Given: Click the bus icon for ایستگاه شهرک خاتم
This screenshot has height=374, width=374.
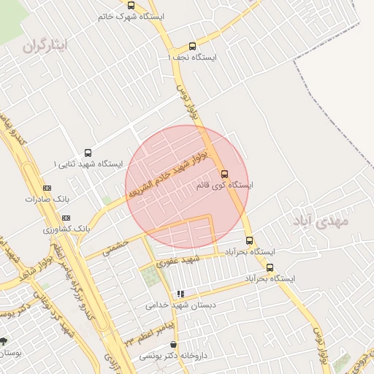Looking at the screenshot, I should [x=131, y=5].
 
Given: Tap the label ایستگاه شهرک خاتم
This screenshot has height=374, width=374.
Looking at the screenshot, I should [x=131, y=16].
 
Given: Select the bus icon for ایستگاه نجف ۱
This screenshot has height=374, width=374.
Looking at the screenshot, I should [x=192, y=46].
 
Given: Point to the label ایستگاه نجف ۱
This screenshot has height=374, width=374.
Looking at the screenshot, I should [x=192, y=57].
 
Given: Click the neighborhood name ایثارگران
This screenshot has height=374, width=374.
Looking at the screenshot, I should [x=45, y=46].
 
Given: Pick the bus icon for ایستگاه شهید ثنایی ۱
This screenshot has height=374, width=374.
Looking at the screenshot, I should [x=88, y=153].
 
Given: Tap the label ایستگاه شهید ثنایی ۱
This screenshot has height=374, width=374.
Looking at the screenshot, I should [x=88, y=164].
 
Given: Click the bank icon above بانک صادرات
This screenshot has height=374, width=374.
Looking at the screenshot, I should [x=47, y=188].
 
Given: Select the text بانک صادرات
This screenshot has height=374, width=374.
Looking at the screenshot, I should [x=46, y=199].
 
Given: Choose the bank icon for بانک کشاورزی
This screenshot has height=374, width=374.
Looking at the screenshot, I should [x=66, y=218].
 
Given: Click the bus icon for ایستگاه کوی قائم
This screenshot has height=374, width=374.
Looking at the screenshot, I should [x=224, y=174].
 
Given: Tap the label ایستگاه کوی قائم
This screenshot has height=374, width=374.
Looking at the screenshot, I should [x=224, y=186].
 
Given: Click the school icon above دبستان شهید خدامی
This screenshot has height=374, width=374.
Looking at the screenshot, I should [x=180, y=294].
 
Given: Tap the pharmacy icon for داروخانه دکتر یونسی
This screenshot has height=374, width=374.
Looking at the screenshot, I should [x=173, y=345].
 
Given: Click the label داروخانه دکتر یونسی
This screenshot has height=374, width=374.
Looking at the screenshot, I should [x=173, y=356].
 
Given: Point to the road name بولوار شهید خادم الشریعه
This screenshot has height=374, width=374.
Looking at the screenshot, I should [x=169, y=173].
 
